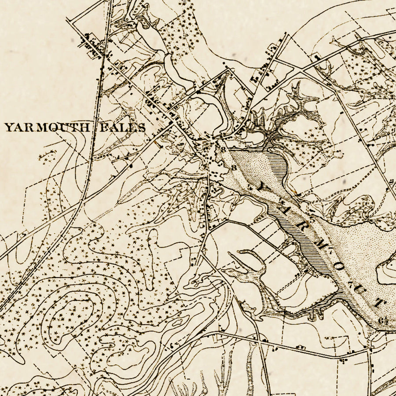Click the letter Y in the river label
263,187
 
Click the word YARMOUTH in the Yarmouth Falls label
48,128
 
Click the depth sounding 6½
381,320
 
